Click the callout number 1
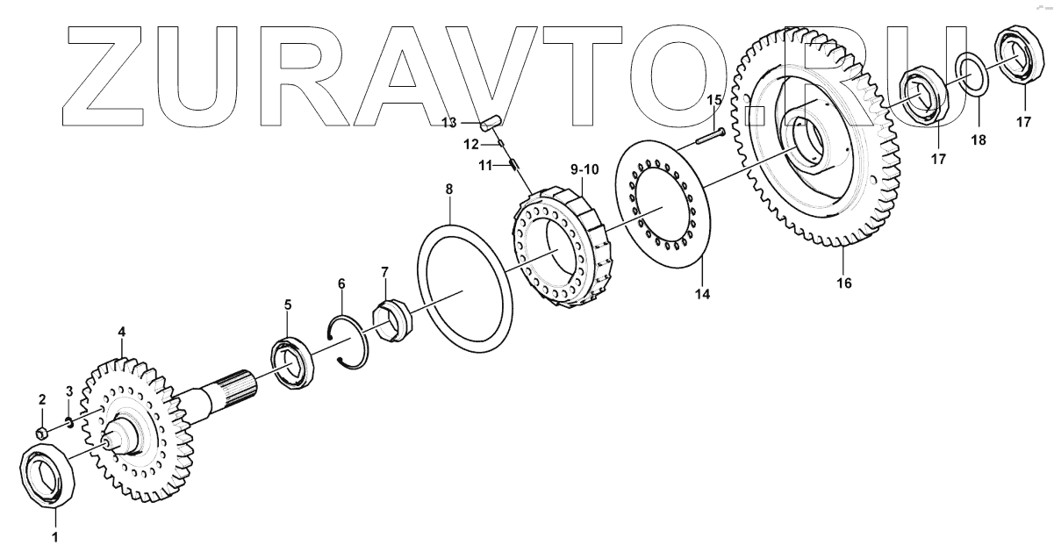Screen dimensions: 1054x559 point(54,537)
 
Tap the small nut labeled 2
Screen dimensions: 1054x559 point(42,433)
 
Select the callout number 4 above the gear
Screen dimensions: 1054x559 point(121,332)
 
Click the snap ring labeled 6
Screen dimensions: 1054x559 point(349,342)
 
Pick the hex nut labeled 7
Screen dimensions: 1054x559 point(392,322)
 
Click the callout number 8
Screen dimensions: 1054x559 point(448,190)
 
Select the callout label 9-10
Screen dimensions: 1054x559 point(584,169)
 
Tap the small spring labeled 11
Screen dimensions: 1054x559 point(513,164)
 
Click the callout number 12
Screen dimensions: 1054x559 point(470,145)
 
